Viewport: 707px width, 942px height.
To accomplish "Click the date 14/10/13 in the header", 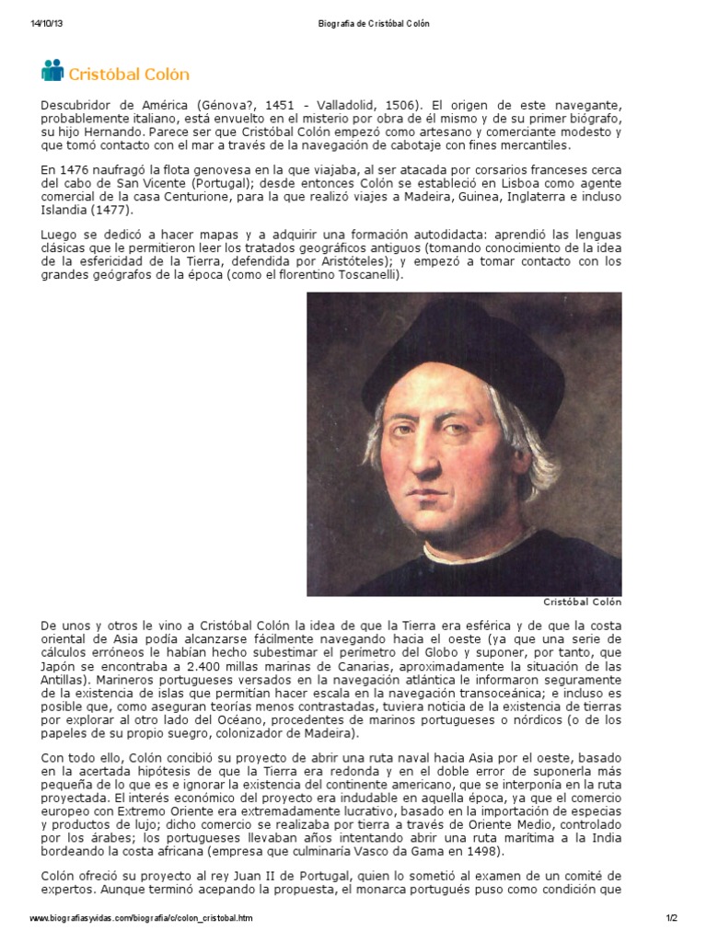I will point(46,23).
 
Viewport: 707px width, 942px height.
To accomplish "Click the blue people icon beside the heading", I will point(52,71).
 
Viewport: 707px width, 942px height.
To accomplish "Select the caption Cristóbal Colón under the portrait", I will point(582,603).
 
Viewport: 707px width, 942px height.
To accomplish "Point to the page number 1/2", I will point(671,918).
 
